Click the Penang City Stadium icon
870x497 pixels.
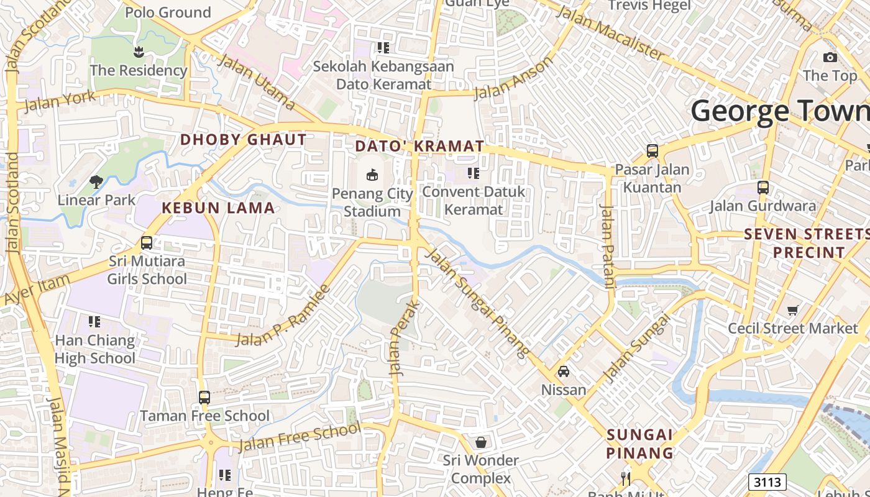372,175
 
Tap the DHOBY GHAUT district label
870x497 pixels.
244,140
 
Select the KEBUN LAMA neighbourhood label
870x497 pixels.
218,208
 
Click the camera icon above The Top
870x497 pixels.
830,57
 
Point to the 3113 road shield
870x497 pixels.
767,482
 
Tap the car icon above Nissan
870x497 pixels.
564,372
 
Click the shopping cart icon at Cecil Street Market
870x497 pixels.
792,310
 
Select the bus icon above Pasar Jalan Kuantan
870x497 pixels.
652,150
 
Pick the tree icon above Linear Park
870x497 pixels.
96,181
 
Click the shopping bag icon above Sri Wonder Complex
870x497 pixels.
480,442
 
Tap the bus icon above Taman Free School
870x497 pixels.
204,397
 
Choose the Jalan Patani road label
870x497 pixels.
607,246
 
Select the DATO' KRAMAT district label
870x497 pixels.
419,147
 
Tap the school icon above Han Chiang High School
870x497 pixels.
94,322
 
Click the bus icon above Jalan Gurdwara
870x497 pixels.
762,187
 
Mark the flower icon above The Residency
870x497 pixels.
138,52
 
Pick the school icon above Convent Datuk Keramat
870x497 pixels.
474,173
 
